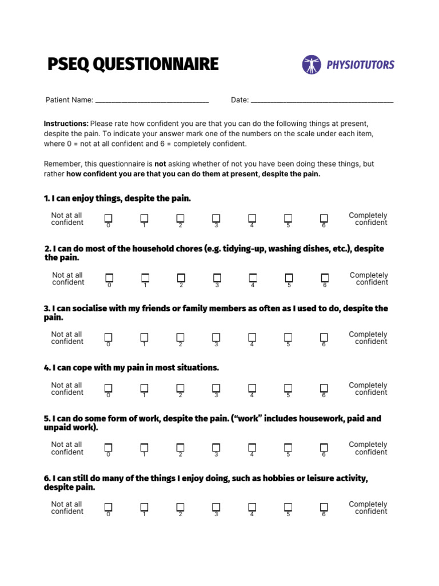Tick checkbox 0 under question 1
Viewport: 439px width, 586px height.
pos(109,218)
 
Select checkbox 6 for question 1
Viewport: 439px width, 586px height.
pos(324,218)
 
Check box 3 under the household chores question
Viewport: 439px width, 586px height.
pos(217,278)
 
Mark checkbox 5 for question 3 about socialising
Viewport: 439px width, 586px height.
pos(288,337)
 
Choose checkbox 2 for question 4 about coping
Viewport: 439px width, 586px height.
pos(180,388)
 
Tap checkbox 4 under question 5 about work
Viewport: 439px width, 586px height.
pos(252,447)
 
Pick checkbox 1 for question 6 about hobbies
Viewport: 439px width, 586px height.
pos(144,507)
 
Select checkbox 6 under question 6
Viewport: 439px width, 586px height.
pos(324,507)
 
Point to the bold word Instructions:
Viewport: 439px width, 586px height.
pos(66,124)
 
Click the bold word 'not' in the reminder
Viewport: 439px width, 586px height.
pos(160,164)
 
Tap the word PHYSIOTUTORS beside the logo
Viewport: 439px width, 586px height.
pos(360,65)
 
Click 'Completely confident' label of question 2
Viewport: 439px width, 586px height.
pos(369,279)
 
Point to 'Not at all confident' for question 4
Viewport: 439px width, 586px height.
pos(67,389)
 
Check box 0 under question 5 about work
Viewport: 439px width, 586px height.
pos(109,447)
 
